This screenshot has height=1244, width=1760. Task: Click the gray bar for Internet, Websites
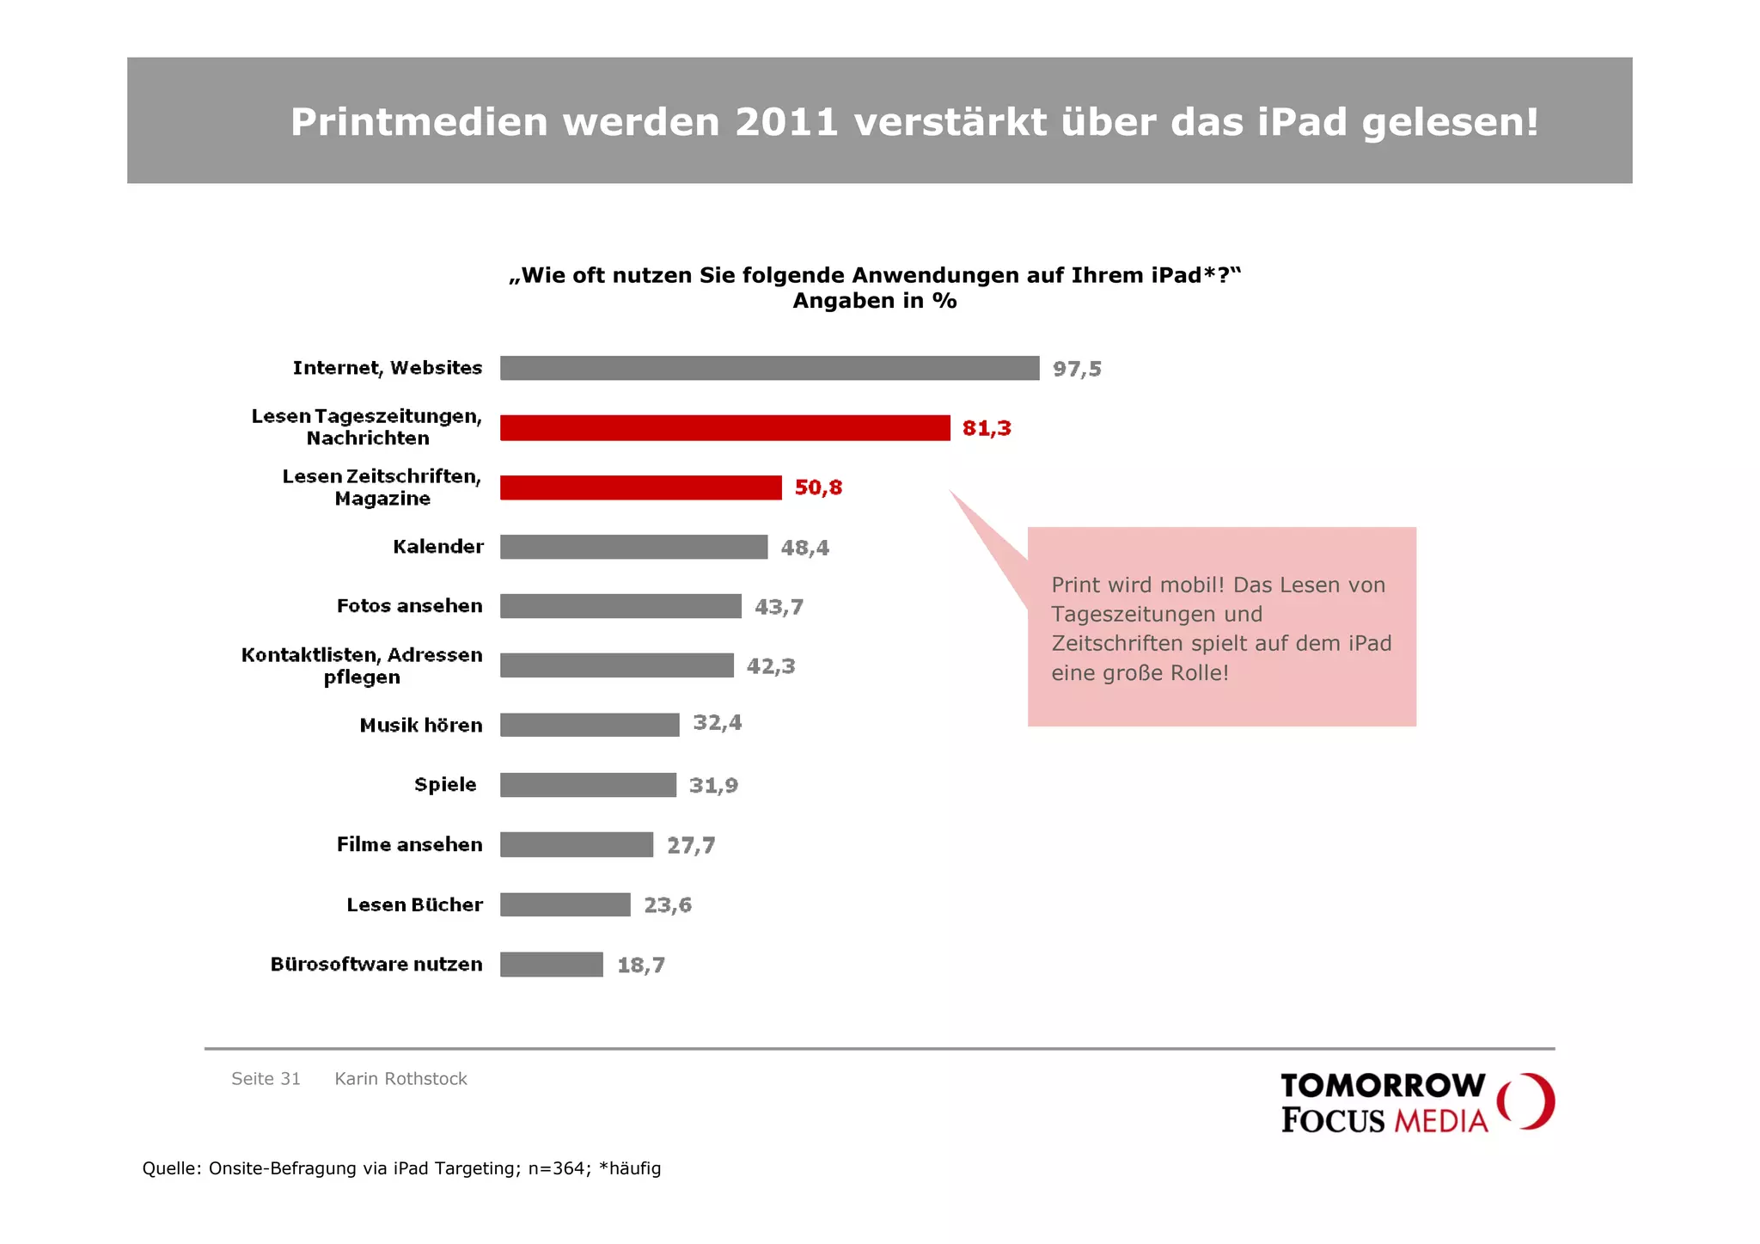pos(769,368)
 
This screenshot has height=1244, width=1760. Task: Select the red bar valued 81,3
pos(724,427)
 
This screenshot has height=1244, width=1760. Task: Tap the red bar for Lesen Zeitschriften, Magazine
pos(640,487)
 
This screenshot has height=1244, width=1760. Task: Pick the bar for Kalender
pos(633,547)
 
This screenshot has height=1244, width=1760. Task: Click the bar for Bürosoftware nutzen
pos(551,965)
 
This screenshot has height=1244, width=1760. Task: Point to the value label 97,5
pos(1076,369)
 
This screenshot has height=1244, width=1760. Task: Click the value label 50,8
pos(817,487)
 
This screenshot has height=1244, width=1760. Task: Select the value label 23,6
pos(667,905)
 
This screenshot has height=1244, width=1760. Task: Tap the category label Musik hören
pos(420,725)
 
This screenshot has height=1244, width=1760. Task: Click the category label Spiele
pos(444,784)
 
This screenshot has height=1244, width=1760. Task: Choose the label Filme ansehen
pos(409,844)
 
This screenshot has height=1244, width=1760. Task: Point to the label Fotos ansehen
pos(409,606)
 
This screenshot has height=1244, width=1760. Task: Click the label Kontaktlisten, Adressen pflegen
pos(362,665)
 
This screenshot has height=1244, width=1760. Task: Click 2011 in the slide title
pos(785,122)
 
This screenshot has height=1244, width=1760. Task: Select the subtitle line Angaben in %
pos(874,301)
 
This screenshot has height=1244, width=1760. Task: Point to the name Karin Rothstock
pos(400,1079)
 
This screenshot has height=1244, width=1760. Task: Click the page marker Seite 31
pos(266,1079)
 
